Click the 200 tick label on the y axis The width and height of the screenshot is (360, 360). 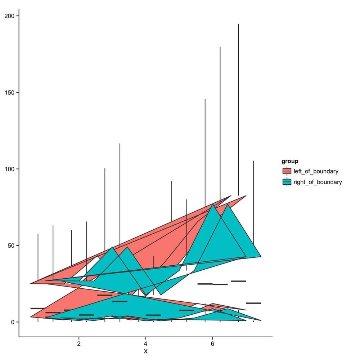pos(9,16)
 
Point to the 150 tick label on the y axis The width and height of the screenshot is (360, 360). pos(9,93)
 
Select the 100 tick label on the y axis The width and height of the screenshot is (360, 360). pos(9,169)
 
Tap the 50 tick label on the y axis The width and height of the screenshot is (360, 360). pos(10,246)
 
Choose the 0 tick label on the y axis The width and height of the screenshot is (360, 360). pos(12,322)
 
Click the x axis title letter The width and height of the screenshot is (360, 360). pos(145,351)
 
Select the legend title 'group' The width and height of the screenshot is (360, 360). pos(290,161)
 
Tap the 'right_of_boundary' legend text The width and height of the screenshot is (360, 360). pos(318,182)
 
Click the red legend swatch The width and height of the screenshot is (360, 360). pos(287,171)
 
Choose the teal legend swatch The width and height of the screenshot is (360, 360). pos(287,182)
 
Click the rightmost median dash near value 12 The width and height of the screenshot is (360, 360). pos(253,303)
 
